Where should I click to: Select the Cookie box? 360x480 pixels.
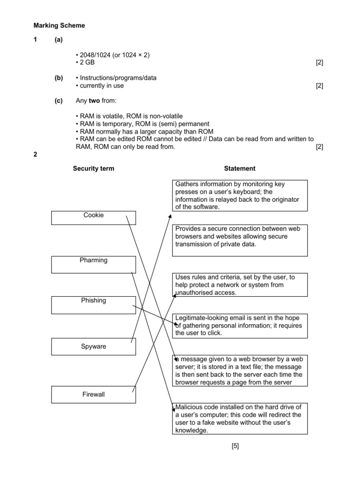pyautogui.click(x=93, y=218)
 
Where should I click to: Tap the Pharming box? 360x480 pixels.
pyautogui.click(x=93, y=264)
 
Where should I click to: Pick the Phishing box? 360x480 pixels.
pyautogui.click(x=93, y=304)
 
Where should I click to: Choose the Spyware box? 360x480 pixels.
pyautogui.click(x=93, y=347)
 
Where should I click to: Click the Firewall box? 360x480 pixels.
pyautogui.click(x=93, y=394)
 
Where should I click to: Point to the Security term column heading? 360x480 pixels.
pyautogui.click(x=93, y=169)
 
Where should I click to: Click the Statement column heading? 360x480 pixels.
pyautogui.click(x=240, y=169)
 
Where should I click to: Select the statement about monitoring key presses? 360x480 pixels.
pyautogui.click(x=240, y=195)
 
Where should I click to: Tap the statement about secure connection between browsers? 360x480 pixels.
pyautogui.click(x=240, y=240)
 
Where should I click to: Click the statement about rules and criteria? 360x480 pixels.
pyautogui.click(x=240, y=285)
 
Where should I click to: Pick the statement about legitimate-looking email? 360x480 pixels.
pyautogui.click(x=240, y=326)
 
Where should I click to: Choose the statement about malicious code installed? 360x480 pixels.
pyautogui.click(x=240, y=418)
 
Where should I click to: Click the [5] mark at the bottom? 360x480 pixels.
pyautogui.click(x=235, y=446)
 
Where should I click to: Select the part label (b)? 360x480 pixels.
pyautogui.click(x=58, y=78)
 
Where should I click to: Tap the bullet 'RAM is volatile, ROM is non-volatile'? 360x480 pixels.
pyautogui.click(x=129, y=116)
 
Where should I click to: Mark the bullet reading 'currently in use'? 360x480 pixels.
pyautogui.click(x=100, y=86)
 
